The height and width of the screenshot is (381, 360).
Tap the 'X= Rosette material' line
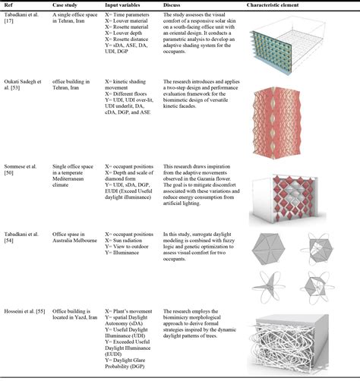tap(123, 47)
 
